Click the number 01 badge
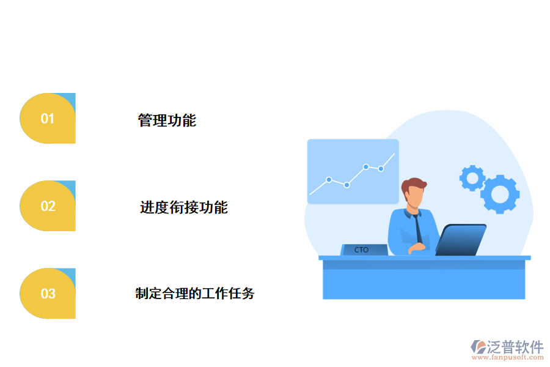pyautogui.click(x=48, y=119)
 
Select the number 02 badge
pyautogui.click(x=48, y=206)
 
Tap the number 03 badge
pyautogui.click(x=48, y=294)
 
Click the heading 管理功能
pyautogui.click(x=167, y=120)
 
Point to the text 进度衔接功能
pyautogui.click(x=183, y=208)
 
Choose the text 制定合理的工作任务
pyautogui.click(x=194, y=294)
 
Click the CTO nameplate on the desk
pyautogui.click(x=362, y=250)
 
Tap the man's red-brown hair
pyautogui.click(x=414, y=183)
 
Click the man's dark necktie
pyautogui.click(x=417, y=229)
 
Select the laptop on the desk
pyautogui.click(x=460, y=240)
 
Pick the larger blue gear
pyautogui.click(x=500, y=194)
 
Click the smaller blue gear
pyautogui.click(x=472, y=177)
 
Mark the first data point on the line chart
pyautogui.click(x=329, y=180)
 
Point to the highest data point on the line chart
pyautogui.click(x=365, y=166)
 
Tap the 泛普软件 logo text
pyautogui.click(x=515, y=347)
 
